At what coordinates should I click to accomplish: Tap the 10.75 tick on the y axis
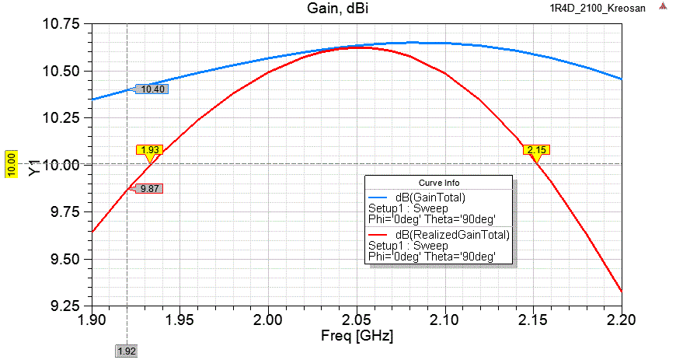(x=62, y=24)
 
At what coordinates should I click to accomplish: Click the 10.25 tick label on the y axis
(x=62, y=118)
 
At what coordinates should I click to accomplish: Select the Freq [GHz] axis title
(x=356, y=337)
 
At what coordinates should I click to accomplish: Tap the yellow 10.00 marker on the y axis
(x=12, y=165)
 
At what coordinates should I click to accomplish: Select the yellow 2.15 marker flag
(x=536, y=149)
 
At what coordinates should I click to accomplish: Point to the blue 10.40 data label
(x=152, y=89)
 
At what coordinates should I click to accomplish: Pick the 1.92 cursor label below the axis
(x=127, y=351)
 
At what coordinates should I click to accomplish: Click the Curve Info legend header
(x=438, y=183)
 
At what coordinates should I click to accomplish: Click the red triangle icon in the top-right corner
(x=663, y=6)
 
